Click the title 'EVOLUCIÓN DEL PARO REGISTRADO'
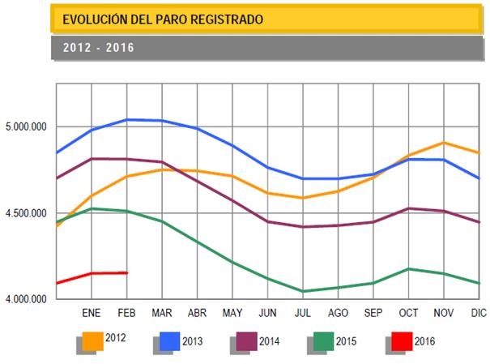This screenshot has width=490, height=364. point(162,18)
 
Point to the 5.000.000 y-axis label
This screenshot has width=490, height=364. point(26,127)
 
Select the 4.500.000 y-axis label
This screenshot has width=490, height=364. point(26,214)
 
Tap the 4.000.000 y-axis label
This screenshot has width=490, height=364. point(26,300)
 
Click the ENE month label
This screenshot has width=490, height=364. point(91,312)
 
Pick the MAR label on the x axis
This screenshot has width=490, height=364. point(162,312)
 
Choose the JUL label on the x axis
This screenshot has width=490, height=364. point(302,312)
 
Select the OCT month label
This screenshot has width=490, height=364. point(407,312)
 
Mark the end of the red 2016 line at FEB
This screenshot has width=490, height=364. point(127,272)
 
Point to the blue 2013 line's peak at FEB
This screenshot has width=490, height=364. point(127,120)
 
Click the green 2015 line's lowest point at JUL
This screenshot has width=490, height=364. point(302,291)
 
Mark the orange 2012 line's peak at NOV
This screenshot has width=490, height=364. point(442,143)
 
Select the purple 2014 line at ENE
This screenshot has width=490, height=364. point(92,159)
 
